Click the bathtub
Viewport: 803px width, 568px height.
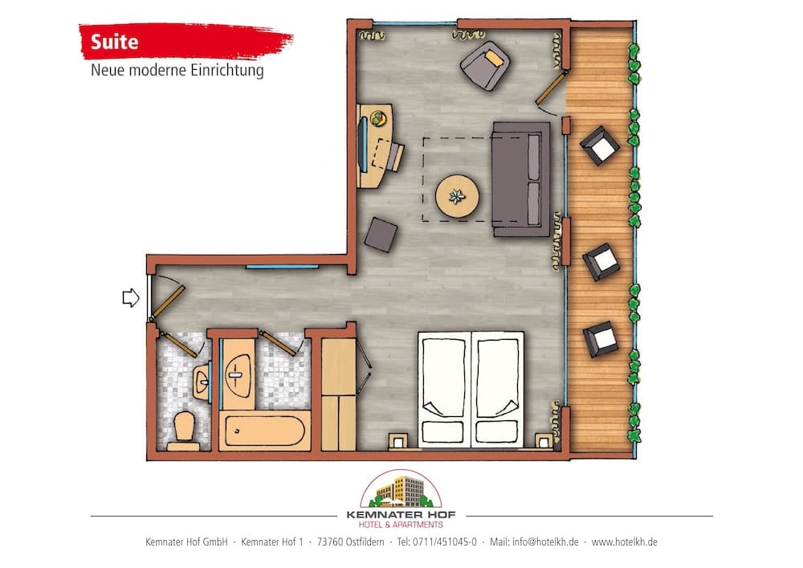[265, 431]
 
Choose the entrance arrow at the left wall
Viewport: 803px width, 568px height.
[130, 299]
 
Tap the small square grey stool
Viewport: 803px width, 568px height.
[381, 235]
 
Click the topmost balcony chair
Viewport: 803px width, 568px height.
[600, 145]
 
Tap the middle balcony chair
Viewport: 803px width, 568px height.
[599, 262]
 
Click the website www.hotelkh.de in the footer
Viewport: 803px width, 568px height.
[625, 542]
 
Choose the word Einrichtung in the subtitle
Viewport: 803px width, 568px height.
[231, 71]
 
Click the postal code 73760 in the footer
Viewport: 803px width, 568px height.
[332, 542]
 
